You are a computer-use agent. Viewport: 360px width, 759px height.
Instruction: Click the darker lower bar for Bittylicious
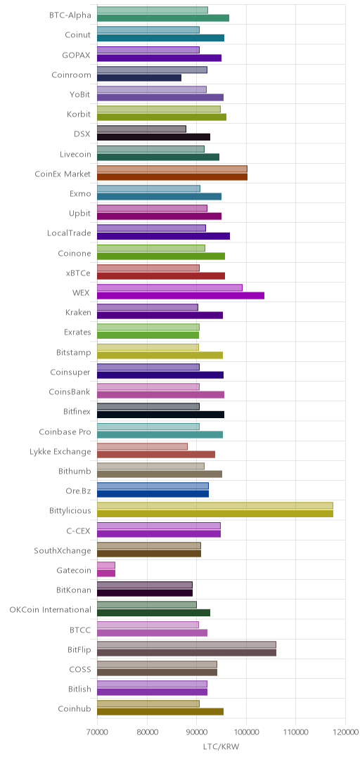point(215,514)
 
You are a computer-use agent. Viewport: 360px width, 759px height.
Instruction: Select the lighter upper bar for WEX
point(169,287)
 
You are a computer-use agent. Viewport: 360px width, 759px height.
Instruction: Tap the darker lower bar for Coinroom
point(139,77)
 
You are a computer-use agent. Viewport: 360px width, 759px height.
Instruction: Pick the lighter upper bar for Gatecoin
point(106,565)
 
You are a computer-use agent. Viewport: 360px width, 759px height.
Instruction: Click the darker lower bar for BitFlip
point(186,652)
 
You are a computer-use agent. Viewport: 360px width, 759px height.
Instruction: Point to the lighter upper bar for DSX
point(141,129)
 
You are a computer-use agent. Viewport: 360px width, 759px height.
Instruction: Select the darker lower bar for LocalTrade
point(163,235)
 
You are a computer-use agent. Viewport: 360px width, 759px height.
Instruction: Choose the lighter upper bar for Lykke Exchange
point(143,446)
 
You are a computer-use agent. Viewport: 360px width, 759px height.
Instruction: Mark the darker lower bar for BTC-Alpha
point(163,18)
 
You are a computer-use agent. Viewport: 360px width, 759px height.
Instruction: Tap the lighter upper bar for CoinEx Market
point(172,169)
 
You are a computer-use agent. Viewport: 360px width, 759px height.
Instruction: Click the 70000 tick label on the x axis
point(97,731)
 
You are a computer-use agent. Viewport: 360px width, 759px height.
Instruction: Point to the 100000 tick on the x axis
point(246,731)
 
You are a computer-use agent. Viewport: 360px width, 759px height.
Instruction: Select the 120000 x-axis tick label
point(345,731)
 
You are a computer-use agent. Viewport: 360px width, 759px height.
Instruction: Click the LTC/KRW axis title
point(221,746)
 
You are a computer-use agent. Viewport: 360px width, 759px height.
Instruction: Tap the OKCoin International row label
point(51,609)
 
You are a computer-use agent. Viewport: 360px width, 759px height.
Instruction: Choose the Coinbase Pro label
point(65,432)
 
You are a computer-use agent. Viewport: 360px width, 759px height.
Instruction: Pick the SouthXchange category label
point(63,550)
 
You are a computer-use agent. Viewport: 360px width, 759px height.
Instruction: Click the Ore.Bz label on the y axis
point(79,491)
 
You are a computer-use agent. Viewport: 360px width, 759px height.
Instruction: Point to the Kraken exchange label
point(78,312)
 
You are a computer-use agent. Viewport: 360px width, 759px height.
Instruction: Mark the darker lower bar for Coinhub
point(160,711)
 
